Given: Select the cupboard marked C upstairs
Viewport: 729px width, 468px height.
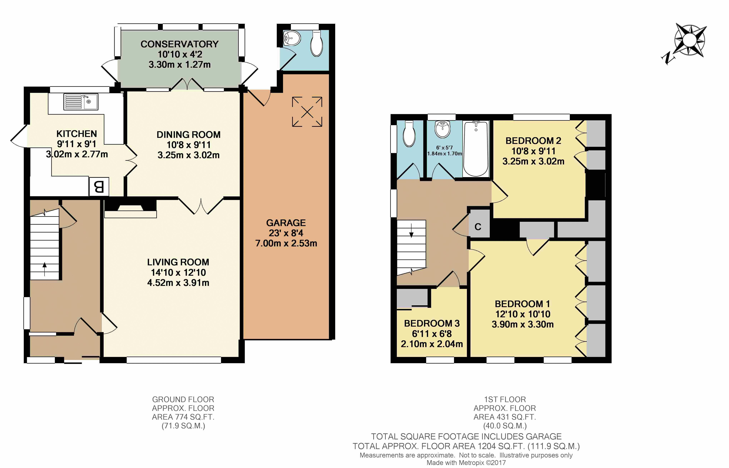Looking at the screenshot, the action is [478, 226].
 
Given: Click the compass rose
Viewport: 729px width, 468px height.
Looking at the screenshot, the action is [690, 40].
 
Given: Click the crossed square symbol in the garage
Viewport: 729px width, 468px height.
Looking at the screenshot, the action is [307, 112].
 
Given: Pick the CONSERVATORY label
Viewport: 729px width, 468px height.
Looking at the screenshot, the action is [179, 44].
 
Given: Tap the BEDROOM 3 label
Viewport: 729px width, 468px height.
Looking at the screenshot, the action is [432, 323].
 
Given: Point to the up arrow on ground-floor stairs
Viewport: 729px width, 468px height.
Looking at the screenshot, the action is [45, 269].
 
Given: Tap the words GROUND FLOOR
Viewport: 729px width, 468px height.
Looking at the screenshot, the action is [183, 399].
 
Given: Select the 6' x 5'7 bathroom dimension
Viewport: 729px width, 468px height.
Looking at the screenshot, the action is [444, 148].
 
